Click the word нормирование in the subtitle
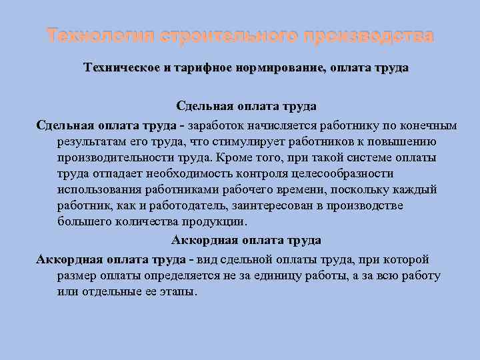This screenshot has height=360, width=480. pyautogui.click(x=279, y=68)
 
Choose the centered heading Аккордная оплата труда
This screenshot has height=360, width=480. pyautogui.click(x=246, y=240)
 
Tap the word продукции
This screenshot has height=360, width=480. pyautogui.click(x=213, y=222)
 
